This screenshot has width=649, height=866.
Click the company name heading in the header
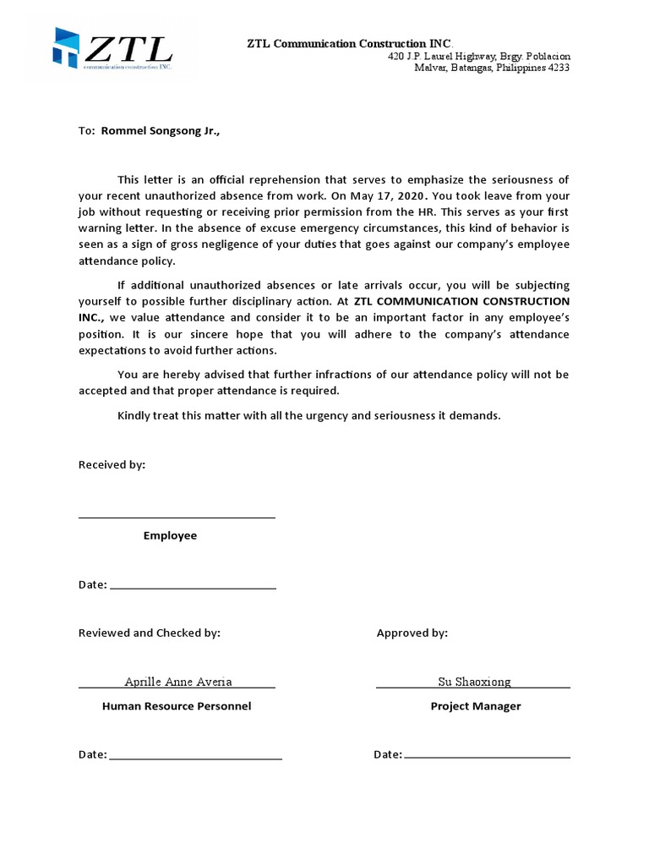coord(349,43)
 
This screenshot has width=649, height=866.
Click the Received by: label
coord(112,465)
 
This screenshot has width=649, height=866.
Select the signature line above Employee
coord(177,517)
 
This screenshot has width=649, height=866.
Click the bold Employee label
coord(170,536)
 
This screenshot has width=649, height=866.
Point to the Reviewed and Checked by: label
coord(149,633)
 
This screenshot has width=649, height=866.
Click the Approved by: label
coord(412,633)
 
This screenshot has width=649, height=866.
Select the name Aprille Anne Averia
coord(178,682)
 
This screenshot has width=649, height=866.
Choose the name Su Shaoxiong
coord(474,682)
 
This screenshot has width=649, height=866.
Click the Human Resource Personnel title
coord(177,706)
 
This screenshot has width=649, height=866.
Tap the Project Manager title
coord(476,706)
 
